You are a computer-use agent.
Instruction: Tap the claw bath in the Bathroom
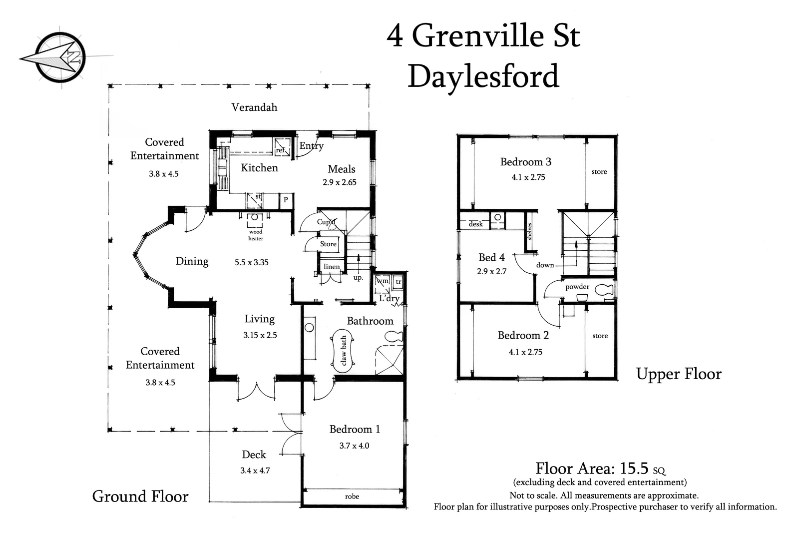point(343,350)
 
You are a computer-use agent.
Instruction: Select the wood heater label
point(256,235)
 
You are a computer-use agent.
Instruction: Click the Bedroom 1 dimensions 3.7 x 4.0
point(354,446)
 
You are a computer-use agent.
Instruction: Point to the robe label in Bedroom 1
point(352,497)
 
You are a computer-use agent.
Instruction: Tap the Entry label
point(311,146)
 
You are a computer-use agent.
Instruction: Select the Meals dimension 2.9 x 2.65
point(340,182)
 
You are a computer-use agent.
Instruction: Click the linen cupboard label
point(331,267)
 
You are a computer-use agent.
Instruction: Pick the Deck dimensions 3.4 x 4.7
point(255,471)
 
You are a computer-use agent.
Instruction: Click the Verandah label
point(254,107)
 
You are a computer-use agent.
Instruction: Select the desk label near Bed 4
point(475,224)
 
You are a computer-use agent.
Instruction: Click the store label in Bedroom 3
point(599,172)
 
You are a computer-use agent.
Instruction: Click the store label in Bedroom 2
point(600,336)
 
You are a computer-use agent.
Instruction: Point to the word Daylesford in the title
point(483,76)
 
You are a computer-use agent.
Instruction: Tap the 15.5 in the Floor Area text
point(634,468)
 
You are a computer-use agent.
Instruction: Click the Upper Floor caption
point(679,374)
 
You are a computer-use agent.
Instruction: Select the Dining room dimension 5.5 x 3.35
point(252,262)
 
